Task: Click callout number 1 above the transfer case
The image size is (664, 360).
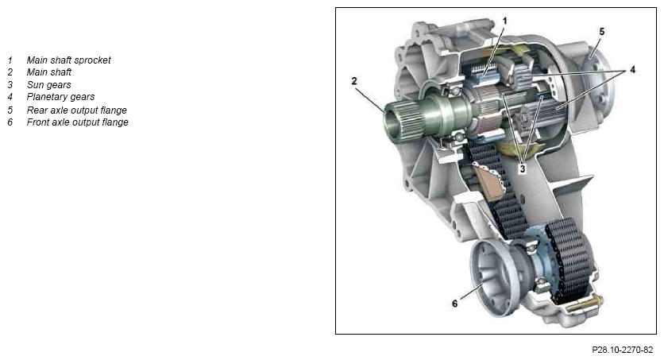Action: [504, 21]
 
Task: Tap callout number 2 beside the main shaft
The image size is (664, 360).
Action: [354, 81]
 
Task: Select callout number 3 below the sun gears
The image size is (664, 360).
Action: [523, 168]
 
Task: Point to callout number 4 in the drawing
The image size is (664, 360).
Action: [632, 69]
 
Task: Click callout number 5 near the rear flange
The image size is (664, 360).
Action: [602, 31]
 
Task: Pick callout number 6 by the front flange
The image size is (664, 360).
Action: [455, 304]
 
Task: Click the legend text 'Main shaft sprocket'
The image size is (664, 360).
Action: [68, 60]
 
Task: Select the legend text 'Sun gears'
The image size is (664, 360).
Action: [48, 85]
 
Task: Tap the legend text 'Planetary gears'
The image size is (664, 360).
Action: [60, 97]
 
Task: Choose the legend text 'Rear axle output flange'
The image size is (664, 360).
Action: [77, 110]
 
